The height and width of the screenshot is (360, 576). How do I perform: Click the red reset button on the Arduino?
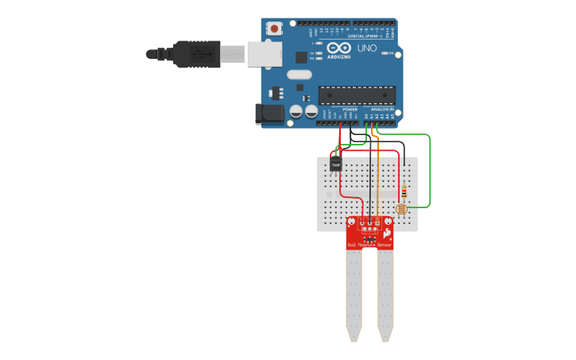coord(275,28)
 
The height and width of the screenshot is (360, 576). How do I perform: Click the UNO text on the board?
coord(367,48)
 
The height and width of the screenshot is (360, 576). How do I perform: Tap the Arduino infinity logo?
coord(338,48)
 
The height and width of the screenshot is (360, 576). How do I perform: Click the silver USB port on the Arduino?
coord(264,54)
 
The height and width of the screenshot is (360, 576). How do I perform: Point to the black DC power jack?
coord(270,114)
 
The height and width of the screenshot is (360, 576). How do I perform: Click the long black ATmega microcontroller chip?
coord(357,95)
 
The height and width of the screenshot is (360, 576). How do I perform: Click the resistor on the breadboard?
coord(404,192)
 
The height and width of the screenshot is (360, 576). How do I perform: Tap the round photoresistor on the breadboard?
coord(400,208)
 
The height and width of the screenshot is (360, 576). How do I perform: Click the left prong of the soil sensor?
coord(354,294)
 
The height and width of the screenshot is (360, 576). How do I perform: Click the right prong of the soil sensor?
coord(385,294)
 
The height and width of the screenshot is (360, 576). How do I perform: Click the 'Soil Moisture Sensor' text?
coord(369,246)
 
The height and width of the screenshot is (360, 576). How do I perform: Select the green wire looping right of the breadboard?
coord(430,171)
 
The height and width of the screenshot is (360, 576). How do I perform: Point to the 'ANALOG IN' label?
coord(384,109)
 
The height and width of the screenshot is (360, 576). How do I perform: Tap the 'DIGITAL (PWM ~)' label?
coord(369,37)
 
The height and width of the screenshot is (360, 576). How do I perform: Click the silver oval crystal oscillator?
coord(299,75)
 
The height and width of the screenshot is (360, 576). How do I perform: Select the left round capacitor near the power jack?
coord(296,111)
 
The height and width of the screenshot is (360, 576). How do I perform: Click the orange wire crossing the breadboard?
coord(378,183)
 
